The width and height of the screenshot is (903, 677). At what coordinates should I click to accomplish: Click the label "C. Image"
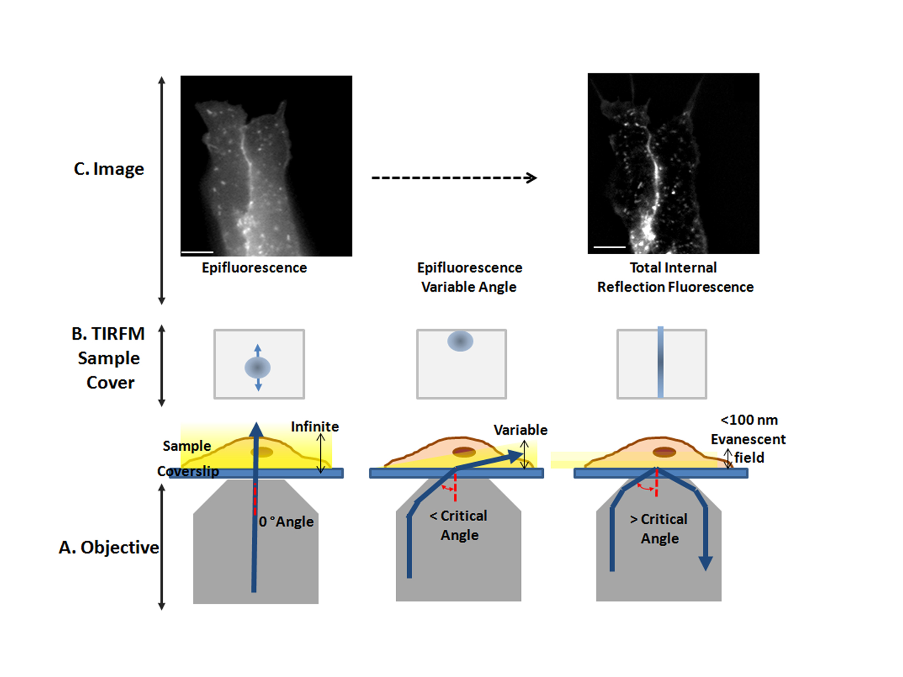(109, 169)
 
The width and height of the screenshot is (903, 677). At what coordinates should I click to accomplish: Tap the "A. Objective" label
(109, 548)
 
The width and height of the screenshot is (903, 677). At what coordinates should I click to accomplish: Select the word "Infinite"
(315, 427)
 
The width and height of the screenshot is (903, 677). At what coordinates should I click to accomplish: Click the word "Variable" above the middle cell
(520, 430)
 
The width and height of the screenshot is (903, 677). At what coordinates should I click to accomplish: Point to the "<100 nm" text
(749, 420)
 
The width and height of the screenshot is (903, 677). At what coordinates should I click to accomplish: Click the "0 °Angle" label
(286, 522)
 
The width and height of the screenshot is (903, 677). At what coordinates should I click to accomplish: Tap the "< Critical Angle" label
(459, 525)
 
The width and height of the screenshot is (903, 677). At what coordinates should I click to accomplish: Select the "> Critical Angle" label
(659, 529)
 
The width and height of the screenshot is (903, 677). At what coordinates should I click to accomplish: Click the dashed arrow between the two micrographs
(454, 178)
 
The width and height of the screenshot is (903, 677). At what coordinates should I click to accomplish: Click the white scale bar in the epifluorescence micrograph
(197, 253)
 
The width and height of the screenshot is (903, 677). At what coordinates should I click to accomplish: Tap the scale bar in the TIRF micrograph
(610, 247)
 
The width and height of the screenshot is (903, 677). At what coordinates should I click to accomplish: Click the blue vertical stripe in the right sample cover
(660, 363)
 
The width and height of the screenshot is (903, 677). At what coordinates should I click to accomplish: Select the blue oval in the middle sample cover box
(460, 341)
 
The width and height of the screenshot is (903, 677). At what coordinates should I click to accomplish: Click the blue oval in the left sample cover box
(258, 368)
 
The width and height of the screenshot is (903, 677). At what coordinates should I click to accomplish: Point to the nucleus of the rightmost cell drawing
(664, 452)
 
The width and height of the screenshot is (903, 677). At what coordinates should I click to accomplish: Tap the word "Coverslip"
(188, 471)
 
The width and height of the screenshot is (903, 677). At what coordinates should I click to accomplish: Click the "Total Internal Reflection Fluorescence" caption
(675, 277)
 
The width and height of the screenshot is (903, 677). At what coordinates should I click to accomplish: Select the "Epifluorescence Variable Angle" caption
(469, 277)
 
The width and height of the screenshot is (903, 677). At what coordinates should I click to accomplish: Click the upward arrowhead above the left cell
(256, 430)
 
